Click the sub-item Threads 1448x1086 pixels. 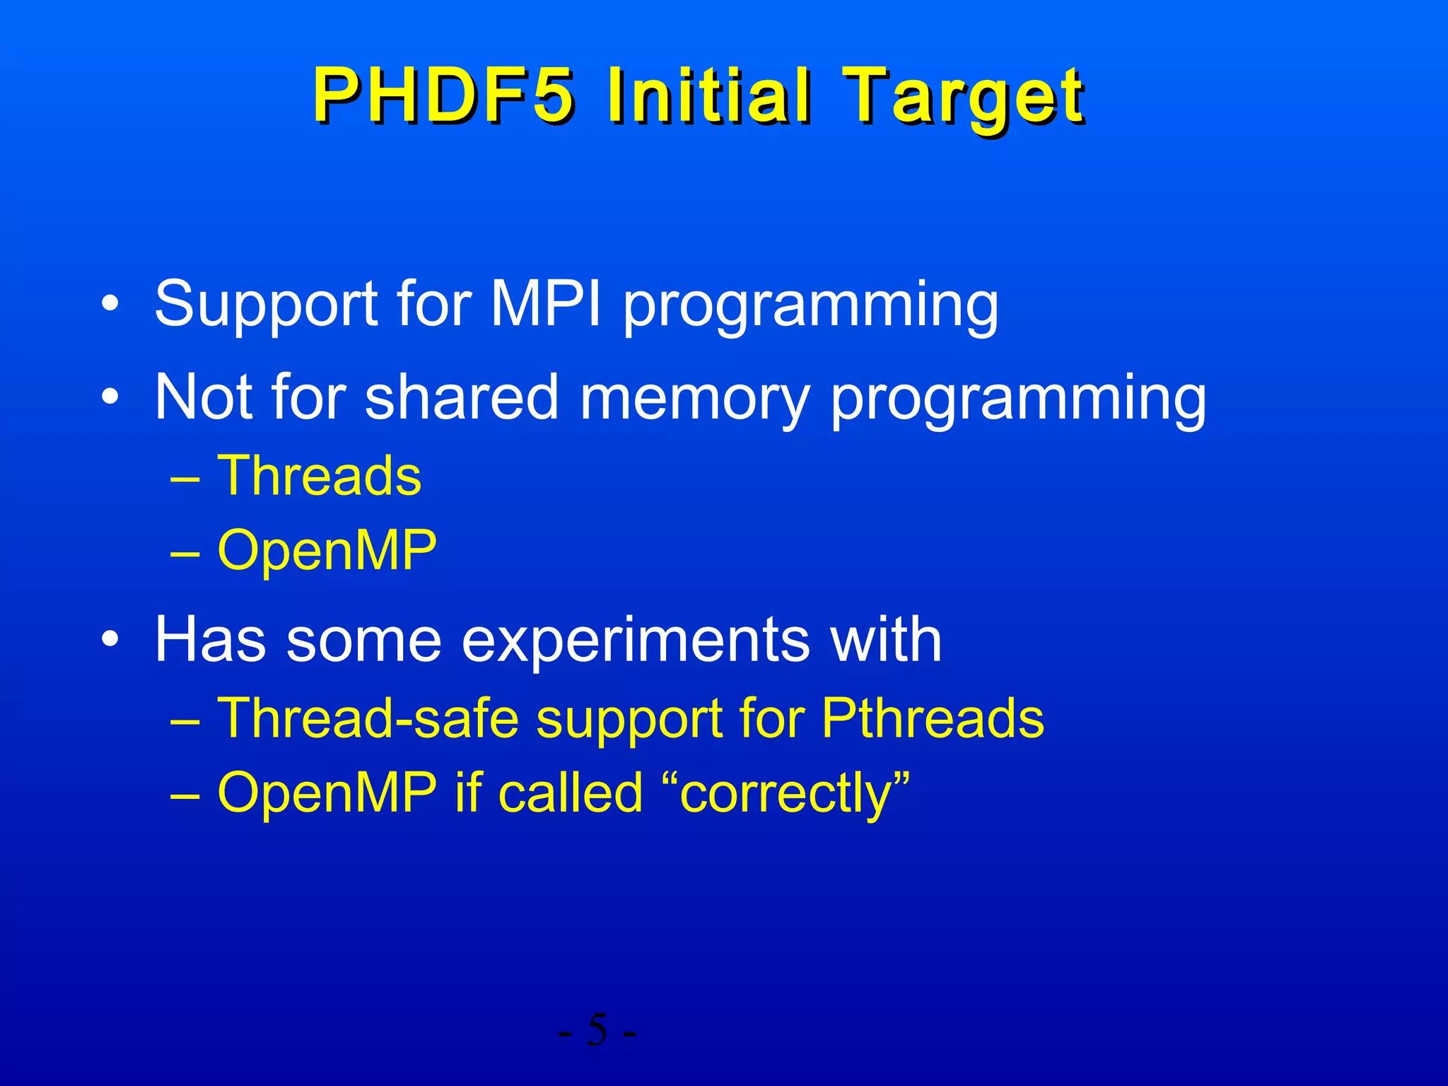click(319, 476)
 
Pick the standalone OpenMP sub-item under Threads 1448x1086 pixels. click(327, 551)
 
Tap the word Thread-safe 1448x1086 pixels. click(368, 718)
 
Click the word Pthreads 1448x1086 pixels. click(933, 718)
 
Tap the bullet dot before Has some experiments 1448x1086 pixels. click(110, 641)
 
